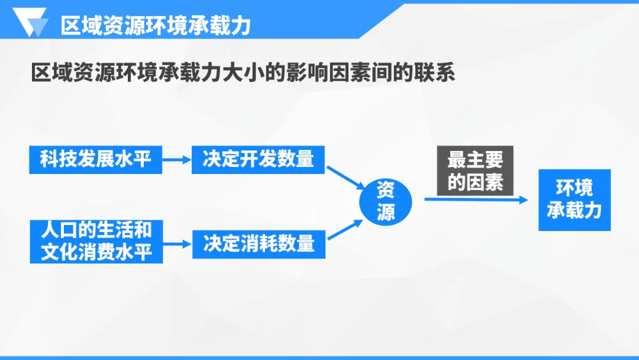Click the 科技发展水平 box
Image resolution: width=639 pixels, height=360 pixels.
point(95,159)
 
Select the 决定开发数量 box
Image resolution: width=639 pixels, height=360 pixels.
point(258,159)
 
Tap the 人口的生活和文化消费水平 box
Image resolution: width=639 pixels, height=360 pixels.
point(95,242)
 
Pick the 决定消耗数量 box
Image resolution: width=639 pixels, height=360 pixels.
point(259,243)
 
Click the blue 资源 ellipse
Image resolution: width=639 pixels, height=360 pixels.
point(386,201)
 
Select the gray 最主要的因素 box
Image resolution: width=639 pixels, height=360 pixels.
point(475,171)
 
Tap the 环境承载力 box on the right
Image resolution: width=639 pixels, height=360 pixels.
point(574,200)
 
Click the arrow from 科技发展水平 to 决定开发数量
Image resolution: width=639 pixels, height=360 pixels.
point(176,159)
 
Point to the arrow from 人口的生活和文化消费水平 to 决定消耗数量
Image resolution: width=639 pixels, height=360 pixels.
point(176,243)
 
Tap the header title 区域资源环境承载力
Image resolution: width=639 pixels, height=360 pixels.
point(156,25)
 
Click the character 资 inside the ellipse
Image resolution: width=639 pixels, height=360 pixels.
point(386,190)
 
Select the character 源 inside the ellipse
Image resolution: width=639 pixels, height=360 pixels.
point(386,212)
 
